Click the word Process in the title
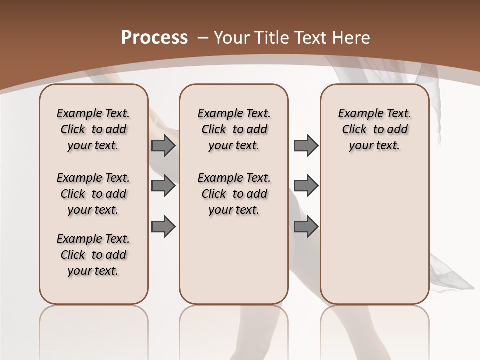154,38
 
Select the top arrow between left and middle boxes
163,146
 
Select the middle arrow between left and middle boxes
163,186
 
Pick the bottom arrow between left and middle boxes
163,227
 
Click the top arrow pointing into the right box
306,146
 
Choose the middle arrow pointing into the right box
306,186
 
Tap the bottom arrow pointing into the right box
306,227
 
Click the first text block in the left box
93,129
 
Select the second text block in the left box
93,194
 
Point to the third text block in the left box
93,255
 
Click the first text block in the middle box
234,129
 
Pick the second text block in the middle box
234,194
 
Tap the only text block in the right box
374,129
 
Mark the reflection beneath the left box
94,325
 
